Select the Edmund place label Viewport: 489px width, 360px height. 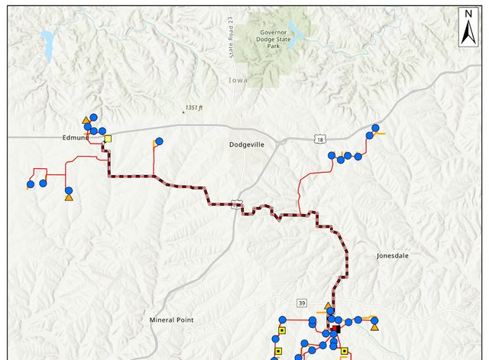click(x=77, y=138)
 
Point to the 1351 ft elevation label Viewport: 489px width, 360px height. click(x=193, y=108)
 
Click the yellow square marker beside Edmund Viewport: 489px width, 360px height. click(x=108, y=139)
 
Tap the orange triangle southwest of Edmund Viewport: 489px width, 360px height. click(x=68, y=198)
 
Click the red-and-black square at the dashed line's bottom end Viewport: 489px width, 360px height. click(x=335, y=329)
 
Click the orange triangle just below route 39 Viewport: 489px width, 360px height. click(x=329, y=306)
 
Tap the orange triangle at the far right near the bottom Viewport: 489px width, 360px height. click(x=374, y=327)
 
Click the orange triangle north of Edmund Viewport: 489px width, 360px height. click(x=86, y=120)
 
